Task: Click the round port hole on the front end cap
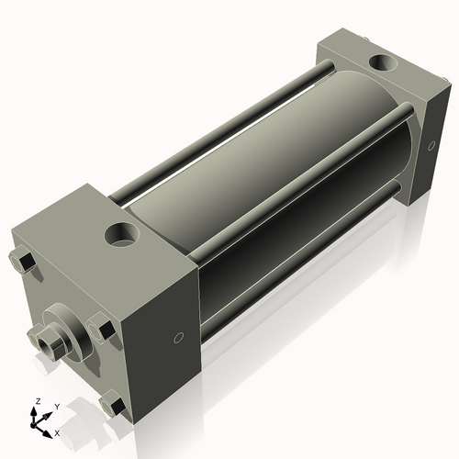pos(120,234)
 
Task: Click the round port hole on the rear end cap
pos(376,64)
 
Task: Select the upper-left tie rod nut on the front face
pos(25,263)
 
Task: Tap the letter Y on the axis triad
pos(56,406)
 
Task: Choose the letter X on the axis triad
pos(57,431)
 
